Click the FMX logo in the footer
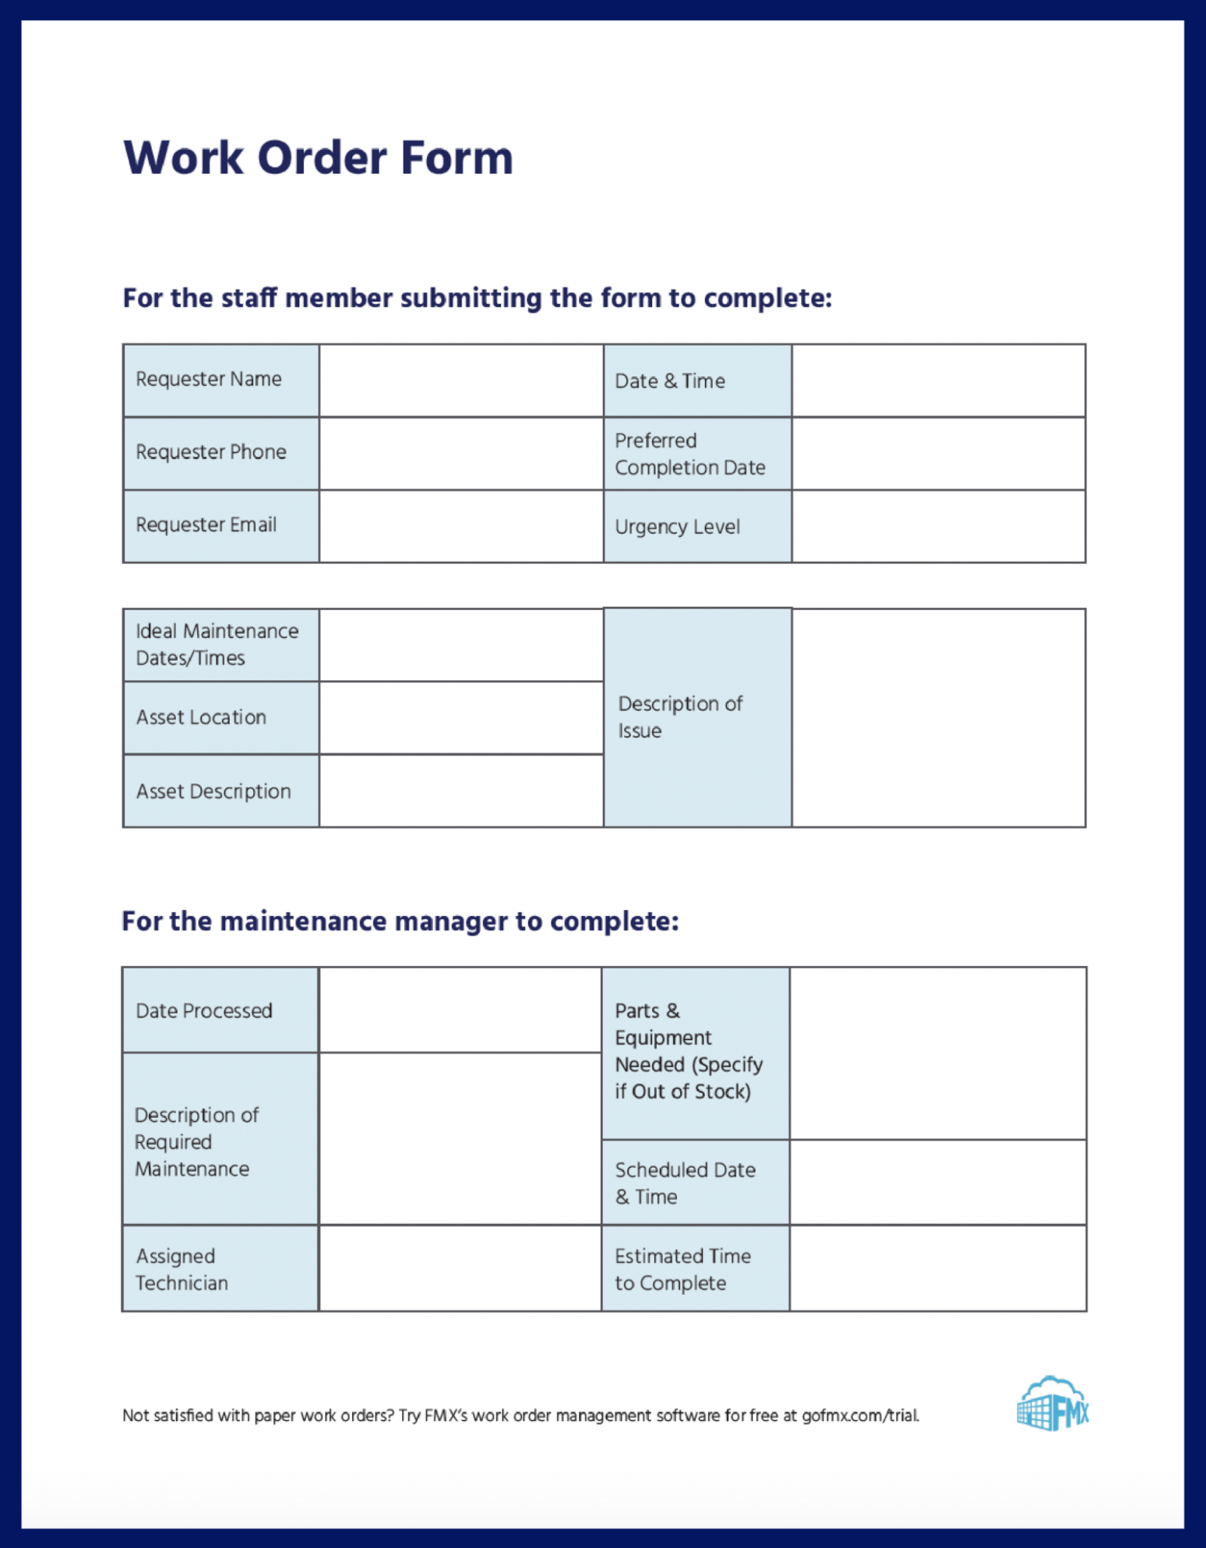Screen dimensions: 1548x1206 pyautogui.click(x=1052, y=1404)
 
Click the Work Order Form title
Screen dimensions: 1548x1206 pyautogui.click(x=318, y=157)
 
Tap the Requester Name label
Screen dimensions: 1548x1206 pyautogui.click(x=209, y=379)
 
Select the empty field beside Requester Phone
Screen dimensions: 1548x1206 pyautogui.click(x=460, y=453)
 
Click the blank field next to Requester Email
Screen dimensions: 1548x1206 pyautogui.click(x=460, y=526)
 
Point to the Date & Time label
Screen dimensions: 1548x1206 pyautogui.click(x=669, y=381)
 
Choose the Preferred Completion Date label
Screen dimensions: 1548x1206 pyautogui.click(x=689, y=453)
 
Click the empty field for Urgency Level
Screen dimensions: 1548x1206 pyautogui.click(x=938, y=526)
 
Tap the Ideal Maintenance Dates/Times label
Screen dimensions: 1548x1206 pyautogui.click(x=217, y=644)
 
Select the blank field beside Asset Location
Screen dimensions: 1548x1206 pyautogui.click(x=460, y=718)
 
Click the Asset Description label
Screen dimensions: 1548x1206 pyautogui.click(x=213, y=792)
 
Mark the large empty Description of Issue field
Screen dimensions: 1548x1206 pyautogui.click(x=938, y=718)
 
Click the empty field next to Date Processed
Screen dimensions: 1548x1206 pyautogui.click(x=460, y=1010)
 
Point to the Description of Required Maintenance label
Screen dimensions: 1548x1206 pyautogui.click(x=196, y=1141)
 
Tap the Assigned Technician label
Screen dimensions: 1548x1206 pyautogui.click(x=182, y=1269)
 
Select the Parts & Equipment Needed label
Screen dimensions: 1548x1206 pyautogui.click(x=689, y=1051)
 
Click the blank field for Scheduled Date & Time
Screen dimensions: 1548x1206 pyautogui.click(x=937, y=1183)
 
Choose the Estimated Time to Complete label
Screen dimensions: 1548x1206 pyautogui.click(x=682, y=1269)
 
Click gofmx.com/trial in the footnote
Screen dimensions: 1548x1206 pyautogui.click(x=860, y=1416)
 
